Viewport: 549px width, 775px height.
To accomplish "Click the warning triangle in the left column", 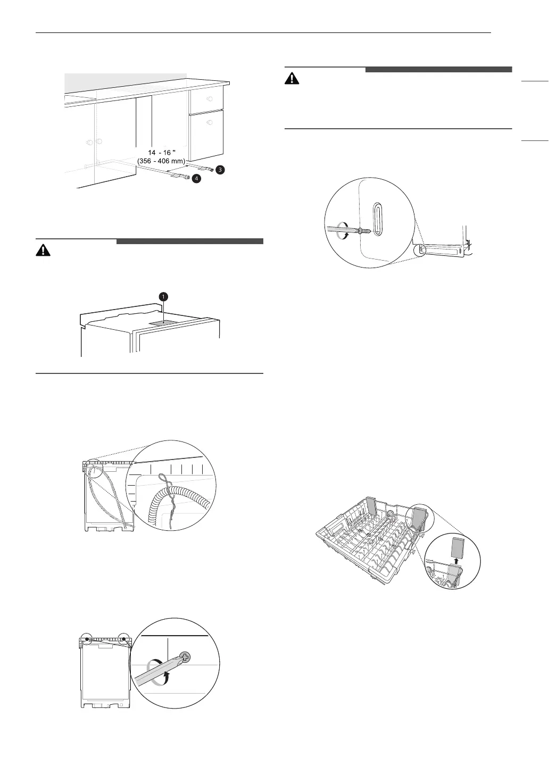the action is (x=42, y=251).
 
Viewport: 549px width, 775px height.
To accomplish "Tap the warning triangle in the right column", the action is (x=292, y=79).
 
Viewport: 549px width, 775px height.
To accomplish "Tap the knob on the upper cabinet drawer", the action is (x=210, y=99).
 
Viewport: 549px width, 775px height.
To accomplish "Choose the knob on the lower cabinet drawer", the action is (x=210, y=122).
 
